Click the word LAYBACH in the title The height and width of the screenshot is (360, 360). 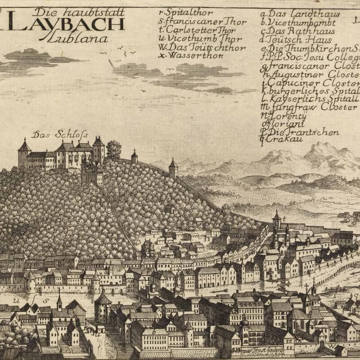(66, 24)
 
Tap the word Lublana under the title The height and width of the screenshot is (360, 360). (77, 38)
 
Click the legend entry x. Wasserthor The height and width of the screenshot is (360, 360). (191, 55)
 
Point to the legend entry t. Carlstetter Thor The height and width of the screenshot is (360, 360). (197, 30)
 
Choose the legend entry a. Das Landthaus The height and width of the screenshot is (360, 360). (300, 14)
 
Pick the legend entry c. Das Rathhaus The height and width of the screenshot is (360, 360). (298, 31)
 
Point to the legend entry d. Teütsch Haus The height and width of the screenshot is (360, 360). (296, 40)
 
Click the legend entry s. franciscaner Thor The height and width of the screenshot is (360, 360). (202, 21)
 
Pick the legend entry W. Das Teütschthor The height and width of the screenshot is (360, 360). (202, 47)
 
